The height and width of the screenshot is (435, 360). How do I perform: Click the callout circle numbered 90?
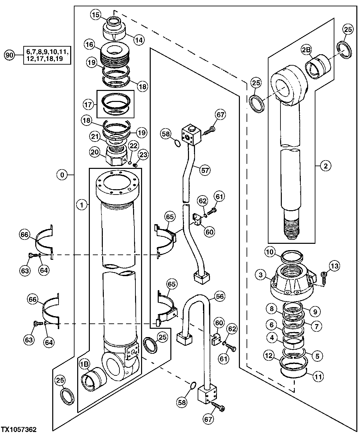click(10, 55)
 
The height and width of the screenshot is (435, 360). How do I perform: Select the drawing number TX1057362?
click(19, 430)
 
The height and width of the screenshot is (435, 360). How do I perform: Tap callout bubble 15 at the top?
click(96, 15)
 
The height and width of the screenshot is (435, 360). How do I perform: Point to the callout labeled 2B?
click(306, 50)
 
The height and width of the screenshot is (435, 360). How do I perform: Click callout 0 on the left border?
click(62, 175)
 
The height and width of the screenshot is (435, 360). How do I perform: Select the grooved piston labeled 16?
click(115, 56)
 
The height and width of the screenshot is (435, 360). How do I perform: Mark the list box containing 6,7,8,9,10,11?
click(47, 55)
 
